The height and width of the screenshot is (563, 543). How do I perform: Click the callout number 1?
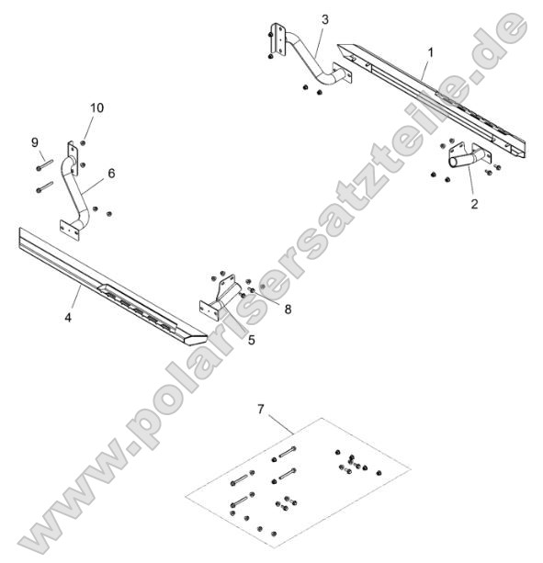pos(431,52)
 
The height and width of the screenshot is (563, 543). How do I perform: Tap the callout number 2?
pos(474,204)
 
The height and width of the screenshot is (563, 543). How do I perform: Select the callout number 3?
pos(325,19)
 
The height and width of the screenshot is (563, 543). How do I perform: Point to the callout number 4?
pos(68,318)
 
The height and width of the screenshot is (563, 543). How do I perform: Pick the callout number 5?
pos(252,340)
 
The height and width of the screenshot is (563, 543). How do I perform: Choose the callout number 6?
pos(112,174)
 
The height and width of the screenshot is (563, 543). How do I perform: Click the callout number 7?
pos(261,409)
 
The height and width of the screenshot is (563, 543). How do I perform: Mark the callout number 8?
pos(288,310)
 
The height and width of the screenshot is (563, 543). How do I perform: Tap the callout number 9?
pos(35,142)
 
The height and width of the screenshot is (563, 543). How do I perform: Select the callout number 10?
pos(96,107)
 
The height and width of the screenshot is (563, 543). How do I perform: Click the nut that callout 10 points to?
pos(83,143)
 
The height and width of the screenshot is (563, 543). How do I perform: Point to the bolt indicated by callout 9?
pos(44,164)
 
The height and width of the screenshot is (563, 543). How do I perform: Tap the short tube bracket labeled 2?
pos(467,157)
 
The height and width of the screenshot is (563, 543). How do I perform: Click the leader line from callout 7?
pos(280,423)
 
